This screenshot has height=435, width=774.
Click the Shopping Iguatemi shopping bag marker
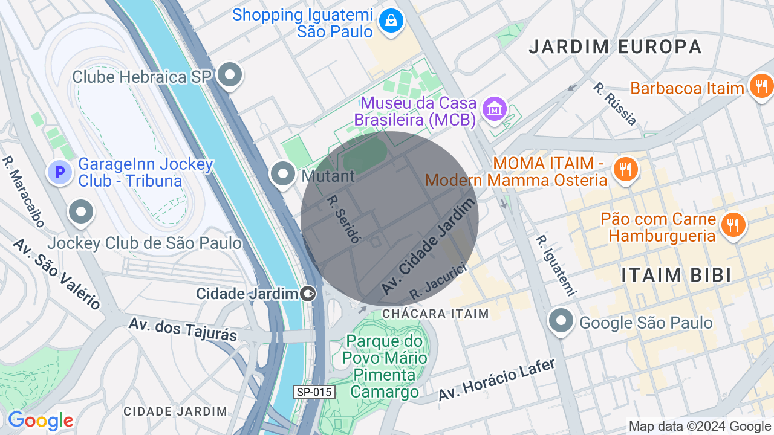click(x=391, y=22)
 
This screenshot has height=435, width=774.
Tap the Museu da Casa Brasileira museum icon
click(x=495, y=109)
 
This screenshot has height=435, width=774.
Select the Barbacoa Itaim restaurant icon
click(x=761, y=86)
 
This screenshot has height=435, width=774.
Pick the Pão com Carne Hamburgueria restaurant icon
click(x=732, y=225)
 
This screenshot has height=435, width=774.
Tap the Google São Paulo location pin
click(x=561, y=321)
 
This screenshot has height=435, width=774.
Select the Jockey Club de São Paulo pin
click(x=80, y=212)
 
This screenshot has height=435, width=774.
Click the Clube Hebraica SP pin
click(x=229, y=76)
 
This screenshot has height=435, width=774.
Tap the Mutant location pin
click(x=282, y=174)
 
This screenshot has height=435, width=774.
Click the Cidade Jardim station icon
click(x=308, y=294)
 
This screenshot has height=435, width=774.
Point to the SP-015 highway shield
click(x=314, y=392)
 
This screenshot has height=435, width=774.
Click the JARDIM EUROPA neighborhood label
click(x=615, y=47)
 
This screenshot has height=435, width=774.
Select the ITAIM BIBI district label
click(x=677, y=275)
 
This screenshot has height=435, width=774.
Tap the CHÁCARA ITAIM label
click(x=435, y=314)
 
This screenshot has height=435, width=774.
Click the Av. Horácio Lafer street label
click(x=496, y=380)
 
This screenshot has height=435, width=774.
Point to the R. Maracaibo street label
click(x=24, y=192)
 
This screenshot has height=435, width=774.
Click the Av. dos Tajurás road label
click(x=183, y=329)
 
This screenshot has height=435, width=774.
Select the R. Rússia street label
click(x=615, y=104)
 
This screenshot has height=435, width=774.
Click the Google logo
click(x=41, y=421)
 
